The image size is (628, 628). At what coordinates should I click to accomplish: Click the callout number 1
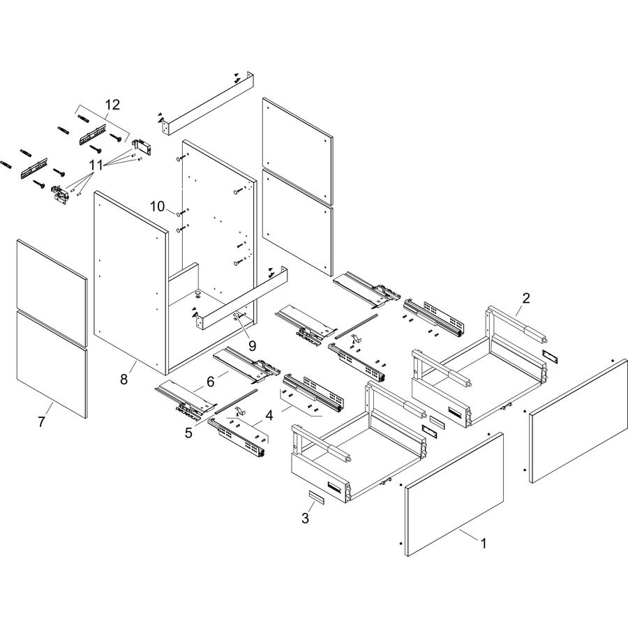click(x=484, y=544)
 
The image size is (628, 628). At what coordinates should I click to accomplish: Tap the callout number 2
click(x=526, y=298)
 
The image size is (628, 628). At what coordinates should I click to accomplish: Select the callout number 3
click(x=305, y=518)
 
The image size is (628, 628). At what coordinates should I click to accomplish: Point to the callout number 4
click(x=269, y=416)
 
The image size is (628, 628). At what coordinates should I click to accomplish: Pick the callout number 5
click(x=188, y=433)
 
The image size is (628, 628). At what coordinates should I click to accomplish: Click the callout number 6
click(x=211, y=382)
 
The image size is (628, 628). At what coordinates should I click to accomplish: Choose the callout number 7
click(x=42, y=421)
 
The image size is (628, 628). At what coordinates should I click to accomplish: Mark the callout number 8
click(x=124, y=379)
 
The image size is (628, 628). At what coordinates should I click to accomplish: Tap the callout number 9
click(x=252, y=345)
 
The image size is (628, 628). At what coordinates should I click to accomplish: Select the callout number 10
click(x=158, y=207)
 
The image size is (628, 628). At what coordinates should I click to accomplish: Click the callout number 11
click(x=96, y=165)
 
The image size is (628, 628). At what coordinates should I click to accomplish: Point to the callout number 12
click(x=112, y=105)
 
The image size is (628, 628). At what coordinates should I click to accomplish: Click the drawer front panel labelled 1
click(x=454, y=494)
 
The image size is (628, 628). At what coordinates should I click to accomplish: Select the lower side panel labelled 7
click(x=52, y=364)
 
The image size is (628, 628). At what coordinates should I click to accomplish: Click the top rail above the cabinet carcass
click(x=208, y=103)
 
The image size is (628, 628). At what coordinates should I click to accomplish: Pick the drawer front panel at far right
click(x=578, y=421)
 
